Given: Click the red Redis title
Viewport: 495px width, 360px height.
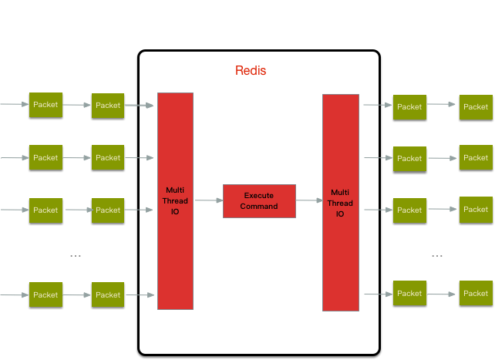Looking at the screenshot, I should point(251,71).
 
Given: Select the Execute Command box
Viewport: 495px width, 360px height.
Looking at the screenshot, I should point(259,200).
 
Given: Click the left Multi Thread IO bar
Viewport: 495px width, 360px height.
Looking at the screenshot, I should point(175,200).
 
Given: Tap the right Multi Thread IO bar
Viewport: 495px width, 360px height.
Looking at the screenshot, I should point(340,203).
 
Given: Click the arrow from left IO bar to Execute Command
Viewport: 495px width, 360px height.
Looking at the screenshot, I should point(207,200).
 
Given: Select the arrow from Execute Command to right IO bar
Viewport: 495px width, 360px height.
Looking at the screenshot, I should point(308,200).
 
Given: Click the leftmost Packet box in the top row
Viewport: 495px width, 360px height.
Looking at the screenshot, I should point(45,105).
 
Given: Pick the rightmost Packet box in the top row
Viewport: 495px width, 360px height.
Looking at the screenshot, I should point(476,106).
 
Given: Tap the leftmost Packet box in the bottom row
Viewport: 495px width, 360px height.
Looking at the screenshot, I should point(45,294).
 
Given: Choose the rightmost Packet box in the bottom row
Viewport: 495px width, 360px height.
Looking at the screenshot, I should point(476,293).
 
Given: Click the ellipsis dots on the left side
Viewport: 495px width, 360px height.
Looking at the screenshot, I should point(75,255).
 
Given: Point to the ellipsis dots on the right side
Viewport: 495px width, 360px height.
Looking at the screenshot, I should point(437,255).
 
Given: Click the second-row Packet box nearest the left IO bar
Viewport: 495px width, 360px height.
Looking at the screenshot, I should point(108,157).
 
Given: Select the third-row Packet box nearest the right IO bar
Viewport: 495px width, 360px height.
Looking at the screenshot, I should point(409,210).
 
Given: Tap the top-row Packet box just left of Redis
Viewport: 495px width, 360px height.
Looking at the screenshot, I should point(108,105).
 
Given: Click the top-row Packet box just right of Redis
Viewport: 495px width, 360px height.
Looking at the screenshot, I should point(409,106).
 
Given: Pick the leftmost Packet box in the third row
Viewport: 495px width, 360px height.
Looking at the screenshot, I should point(45,210).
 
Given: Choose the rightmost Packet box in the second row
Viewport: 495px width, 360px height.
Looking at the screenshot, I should point(476,157).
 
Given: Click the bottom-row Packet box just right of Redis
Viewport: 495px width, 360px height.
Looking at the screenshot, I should point(409,293).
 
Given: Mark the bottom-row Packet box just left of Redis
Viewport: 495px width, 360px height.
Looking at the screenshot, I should point(108,294).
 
